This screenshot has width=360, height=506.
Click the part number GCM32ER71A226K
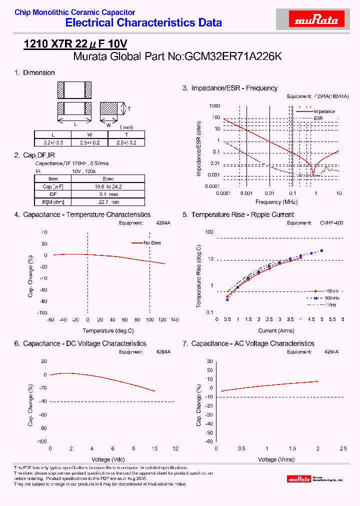[x=233, y=56]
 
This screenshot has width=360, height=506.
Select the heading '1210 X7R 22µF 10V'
[x=75, y=44]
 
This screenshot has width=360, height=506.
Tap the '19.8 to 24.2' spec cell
[x=108, y=186]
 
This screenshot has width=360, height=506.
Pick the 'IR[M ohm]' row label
[x=53, y=201]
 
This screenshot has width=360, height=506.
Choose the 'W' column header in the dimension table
[x=89, y=135]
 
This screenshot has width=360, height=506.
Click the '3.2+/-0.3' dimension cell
[x=53, y=142]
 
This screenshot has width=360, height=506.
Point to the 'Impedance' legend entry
[x=324, y=111]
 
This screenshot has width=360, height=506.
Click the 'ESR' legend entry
[x=318, y=118]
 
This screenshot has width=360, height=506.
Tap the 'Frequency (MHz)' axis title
[x=276, y=201]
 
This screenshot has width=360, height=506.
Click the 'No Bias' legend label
[x=152, y=243]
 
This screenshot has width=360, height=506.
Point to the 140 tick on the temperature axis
[x=174, y=319]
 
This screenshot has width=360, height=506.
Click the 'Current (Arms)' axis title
[x=276, y=330]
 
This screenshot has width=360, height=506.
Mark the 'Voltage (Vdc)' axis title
[x=108, y=459]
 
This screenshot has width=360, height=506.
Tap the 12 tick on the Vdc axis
[x=175, y=448]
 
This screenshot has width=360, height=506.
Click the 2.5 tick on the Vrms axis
[x=343, y=448]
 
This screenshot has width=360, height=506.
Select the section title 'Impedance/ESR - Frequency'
[x=234, y=88]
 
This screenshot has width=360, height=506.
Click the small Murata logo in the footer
[x=299, y=479]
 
